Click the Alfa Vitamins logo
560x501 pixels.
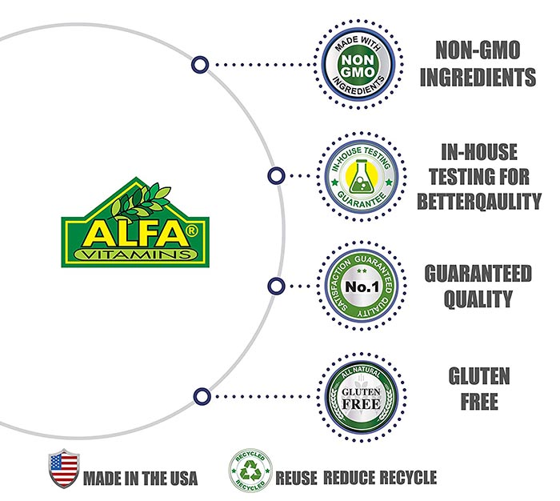(135, 222)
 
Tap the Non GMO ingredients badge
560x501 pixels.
(358, 65)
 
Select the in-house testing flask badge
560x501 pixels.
(361, 177)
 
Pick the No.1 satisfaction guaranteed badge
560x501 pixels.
(362, 287)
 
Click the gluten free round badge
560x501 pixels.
(361, 397)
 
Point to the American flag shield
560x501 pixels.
(63, 468)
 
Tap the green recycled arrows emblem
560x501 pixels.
(250, 471)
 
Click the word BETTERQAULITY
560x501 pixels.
(479, 201)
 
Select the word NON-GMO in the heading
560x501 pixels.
(478, 50)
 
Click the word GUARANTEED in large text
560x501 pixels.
(478, 274)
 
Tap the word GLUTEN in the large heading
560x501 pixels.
(479, 376)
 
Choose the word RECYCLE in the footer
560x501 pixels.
(408, 478)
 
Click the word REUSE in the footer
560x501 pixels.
(296, 478)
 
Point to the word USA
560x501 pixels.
(184, 479)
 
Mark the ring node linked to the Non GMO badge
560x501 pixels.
(200, 65)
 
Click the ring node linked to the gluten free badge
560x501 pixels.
(202, 397)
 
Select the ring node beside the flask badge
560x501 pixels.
(276, 176)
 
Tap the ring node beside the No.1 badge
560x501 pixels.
(276, 287)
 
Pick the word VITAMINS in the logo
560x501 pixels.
(136, 255)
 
